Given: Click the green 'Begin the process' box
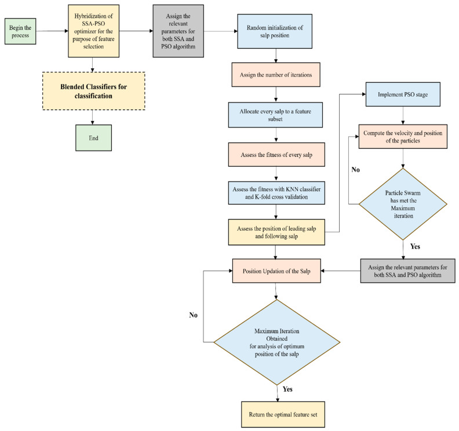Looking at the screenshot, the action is (20, 31).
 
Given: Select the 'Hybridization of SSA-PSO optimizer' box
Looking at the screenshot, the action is (94, 31).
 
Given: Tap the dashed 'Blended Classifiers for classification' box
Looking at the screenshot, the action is (94, 91).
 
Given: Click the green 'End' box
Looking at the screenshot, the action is (94, 138).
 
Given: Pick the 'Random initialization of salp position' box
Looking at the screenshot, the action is (275, 31).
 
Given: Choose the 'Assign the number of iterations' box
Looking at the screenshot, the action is (276, 75).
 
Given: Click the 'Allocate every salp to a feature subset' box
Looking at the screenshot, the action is (275, 115).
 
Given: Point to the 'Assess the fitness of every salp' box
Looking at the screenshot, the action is (276, 155).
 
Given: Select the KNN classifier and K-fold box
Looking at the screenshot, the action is (276, 193).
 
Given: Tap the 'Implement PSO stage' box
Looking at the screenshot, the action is (403, 94).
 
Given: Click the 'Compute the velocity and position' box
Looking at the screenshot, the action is (403, 137).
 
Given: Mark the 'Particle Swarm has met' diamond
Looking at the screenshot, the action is (403, 204).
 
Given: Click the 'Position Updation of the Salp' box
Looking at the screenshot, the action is (276, 271).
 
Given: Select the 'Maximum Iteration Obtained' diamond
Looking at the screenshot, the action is (276, 342).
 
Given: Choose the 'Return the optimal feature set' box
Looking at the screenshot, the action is (283, 414).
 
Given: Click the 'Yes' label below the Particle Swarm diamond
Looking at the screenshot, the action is (415, 246).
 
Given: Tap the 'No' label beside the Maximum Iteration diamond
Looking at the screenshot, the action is (193, 315).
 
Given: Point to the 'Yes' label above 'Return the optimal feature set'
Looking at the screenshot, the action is (287, 389).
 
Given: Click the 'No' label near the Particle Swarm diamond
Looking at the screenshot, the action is (356, 170).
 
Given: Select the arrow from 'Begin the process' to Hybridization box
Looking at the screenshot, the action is (52, 31).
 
